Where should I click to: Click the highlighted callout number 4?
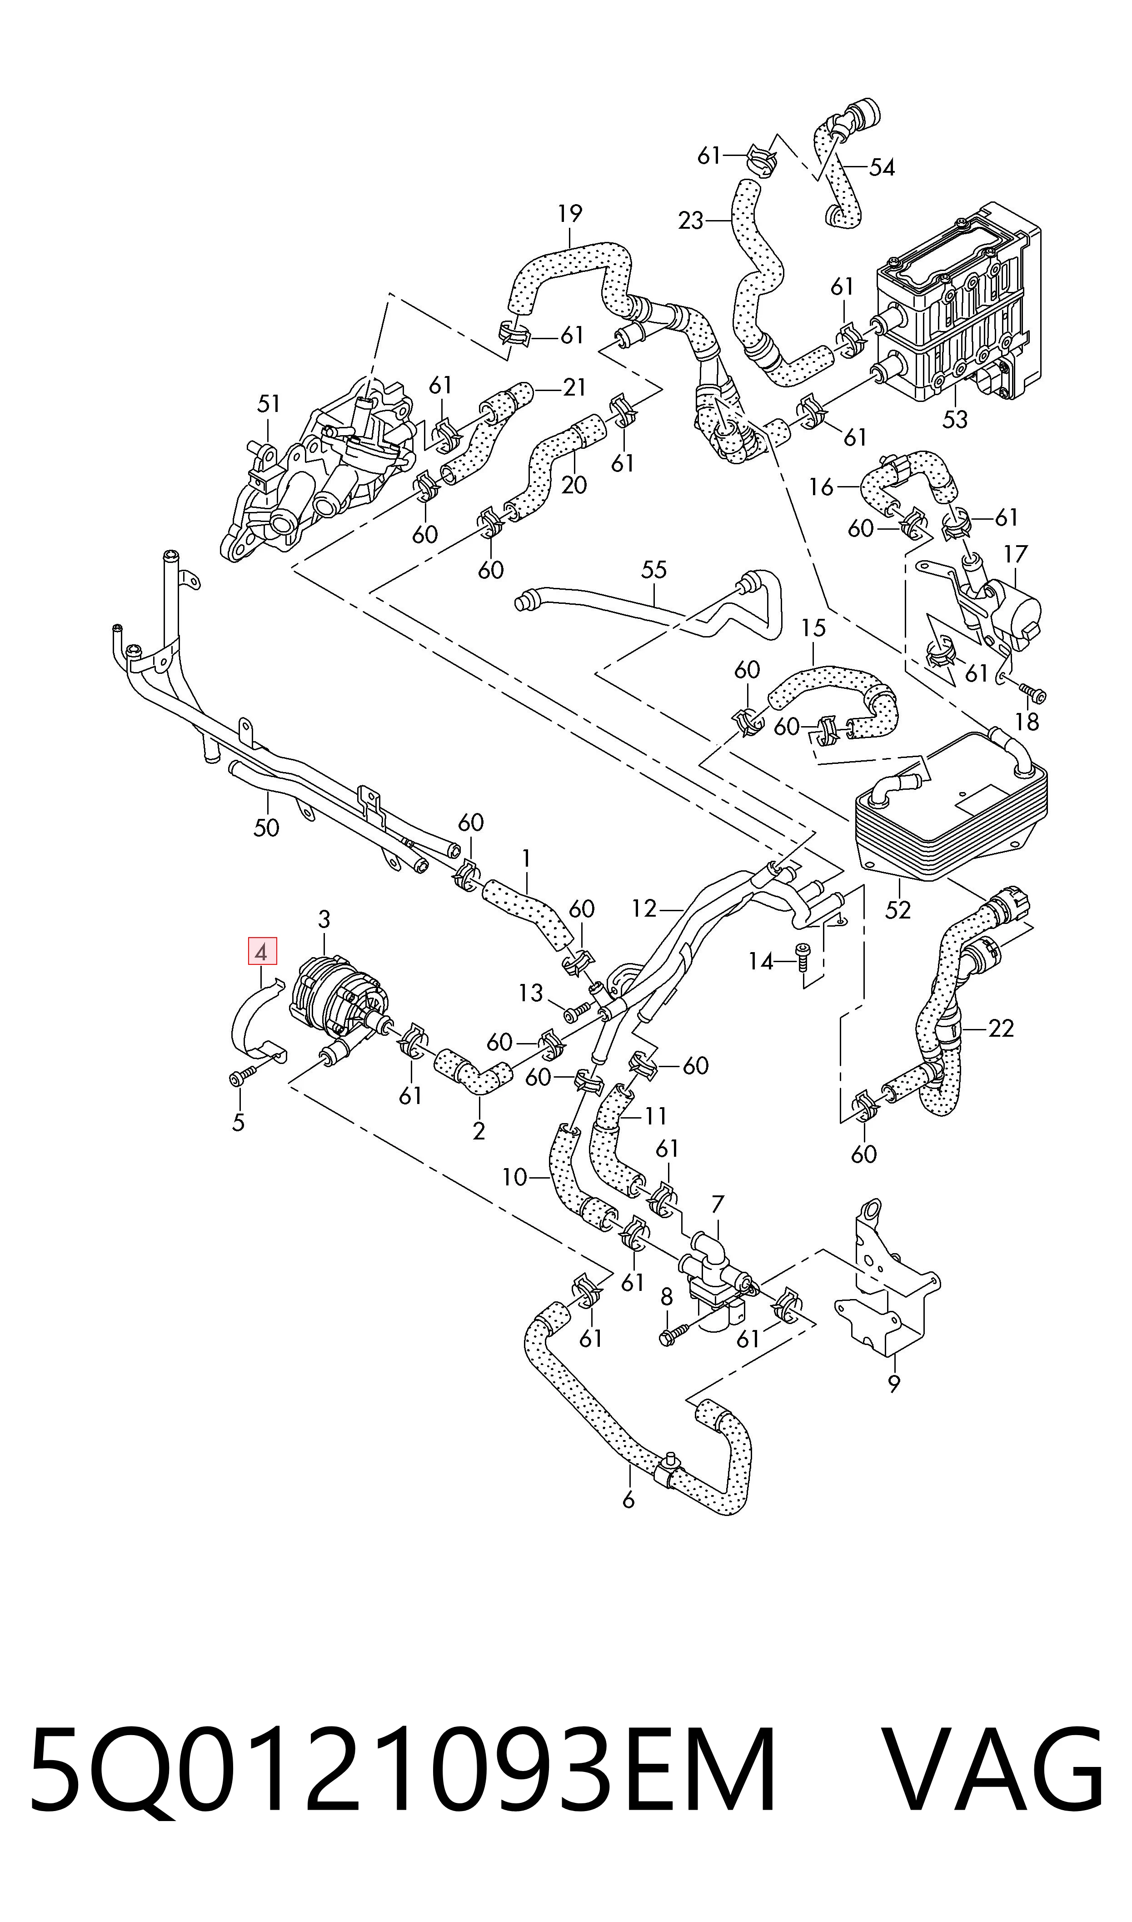262,952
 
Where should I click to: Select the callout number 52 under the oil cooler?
898,909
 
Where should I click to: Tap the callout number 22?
1000,1029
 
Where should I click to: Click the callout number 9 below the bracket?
894,1383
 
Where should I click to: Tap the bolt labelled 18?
1033,693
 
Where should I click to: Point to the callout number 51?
269,404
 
